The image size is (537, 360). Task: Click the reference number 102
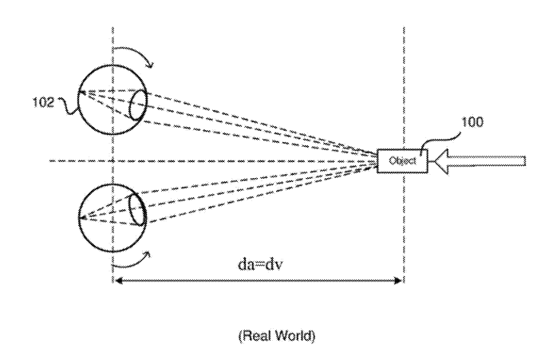(x=43, y=102)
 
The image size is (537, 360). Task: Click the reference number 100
(x=472, y=122)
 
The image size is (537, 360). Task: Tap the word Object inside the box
(x=403, y=160)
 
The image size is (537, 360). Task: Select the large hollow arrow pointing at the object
(x=480, y=161)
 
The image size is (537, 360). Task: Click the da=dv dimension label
(x=260, y=264)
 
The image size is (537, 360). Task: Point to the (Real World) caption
(x=277, y=335)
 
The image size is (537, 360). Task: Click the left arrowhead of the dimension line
(x=118, y=281)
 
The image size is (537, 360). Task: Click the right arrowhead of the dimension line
(x=398, y=281)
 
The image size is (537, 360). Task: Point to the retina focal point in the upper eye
(x=81, y=92)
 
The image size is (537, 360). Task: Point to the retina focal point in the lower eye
(x=81, y=217)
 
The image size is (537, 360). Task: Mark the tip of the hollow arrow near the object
(x=432, y=161)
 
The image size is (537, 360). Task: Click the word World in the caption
(x=295, y=335)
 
